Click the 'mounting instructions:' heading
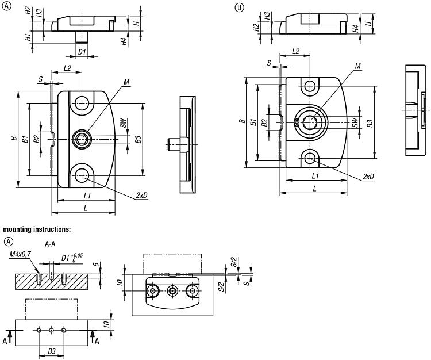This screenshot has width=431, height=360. tap(37, 229)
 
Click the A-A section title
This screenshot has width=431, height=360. tap(49, 243)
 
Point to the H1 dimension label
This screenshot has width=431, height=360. tap(27, 37)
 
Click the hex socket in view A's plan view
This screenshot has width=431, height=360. tap(80, 138)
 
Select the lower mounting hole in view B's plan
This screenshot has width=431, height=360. tap(310, 156)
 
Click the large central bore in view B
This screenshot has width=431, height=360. tap(311, 122)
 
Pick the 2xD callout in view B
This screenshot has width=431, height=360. tap(368, 177)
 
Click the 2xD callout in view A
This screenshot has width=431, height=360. tap(142, 196)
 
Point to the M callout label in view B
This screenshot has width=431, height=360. tap(358, 67)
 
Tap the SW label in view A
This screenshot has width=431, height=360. tap(123, 124)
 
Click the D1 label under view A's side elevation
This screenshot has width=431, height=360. tap(82, 52)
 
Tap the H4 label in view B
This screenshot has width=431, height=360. tap(356, 28)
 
